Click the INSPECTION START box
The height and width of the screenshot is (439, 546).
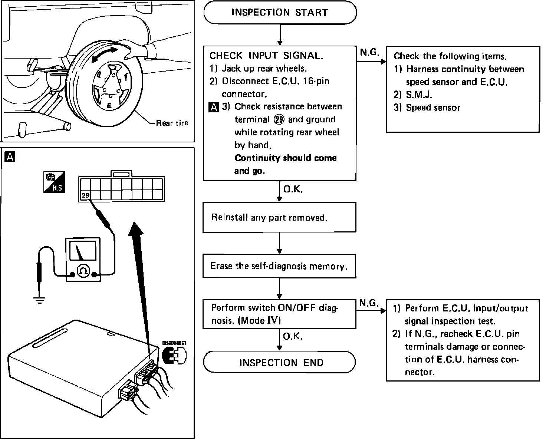point(280,13)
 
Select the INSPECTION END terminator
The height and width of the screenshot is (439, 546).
point(280,362)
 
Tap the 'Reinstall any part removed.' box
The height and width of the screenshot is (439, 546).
point(279,217)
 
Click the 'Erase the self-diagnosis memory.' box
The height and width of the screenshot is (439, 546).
point(279,266)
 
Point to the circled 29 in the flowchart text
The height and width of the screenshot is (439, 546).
point(279,119)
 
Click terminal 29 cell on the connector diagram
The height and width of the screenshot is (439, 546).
point(85,195)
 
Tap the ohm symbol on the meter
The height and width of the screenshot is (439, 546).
point(83,271)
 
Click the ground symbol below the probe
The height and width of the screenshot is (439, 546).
point(39,300)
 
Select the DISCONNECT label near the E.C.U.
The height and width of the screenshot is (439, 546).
point(174,343)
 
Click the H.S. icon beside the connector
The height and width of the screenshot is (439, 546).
point(54,182)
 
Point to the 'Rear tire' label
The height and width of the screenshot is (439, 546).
point(172,123)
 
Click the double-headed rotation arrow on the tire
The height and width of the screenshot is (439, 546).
point(104,54)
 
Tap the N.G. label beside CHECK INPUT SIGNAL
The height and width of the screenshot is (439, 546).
point(370,52)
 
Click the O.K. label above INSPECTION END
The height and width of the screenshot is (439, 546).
point(293,336)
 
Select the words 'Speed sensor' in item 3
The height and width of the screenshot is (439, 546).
point(433,108)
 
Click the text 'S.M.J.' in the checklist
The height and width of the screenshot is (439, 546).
point(419,95)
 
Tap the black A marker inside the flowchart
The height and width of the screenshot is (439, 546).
point(214,107)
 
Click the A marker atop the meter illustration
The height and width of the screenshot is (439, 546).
point(10,157)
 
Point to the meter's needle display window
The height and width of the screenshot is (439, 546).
point(83,251)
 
